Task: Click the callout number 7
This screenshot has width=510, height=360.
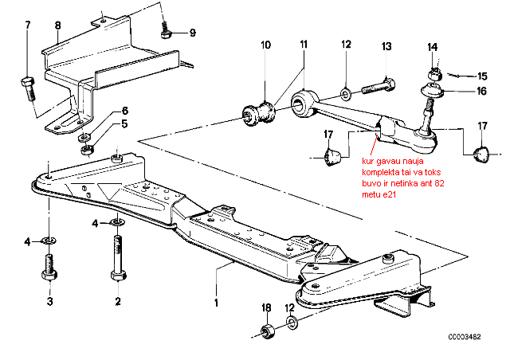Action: [x=27, y=25]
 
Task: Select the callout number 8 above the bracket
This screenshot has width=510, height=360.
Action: [x=57, y=25]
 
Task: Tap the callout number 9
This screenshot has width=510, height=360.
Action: [x=193, y=33]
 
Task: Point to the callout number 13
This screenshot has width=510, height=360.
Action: [x=386, y=46]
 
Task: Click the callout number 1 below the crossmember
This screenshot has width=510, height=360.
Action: [x=216, y=303]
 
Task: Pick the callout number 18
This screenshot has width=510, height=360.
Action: [x=266, y=307]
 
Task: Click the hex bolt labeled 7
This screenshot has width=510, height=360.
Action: [x=29, y=88]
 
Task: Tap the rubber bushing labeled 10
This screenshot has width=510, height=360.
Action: [x=260, y=115]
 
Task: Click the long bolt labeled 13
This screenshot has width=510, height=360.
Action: [x=378, y=86]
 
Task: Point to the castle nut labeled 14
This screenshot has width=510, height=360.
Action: [x=433, y=75]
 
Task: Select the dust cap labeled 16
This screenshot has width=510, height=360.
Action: [x=432, y=91]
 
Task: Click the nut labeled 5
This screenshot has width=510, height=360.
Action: [x=87, y=151]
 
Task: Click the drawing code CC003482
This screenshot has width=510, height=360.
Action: [x=464, y=337]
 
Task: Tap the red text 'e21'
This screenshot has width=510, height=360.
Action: [x=389, y=194]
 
